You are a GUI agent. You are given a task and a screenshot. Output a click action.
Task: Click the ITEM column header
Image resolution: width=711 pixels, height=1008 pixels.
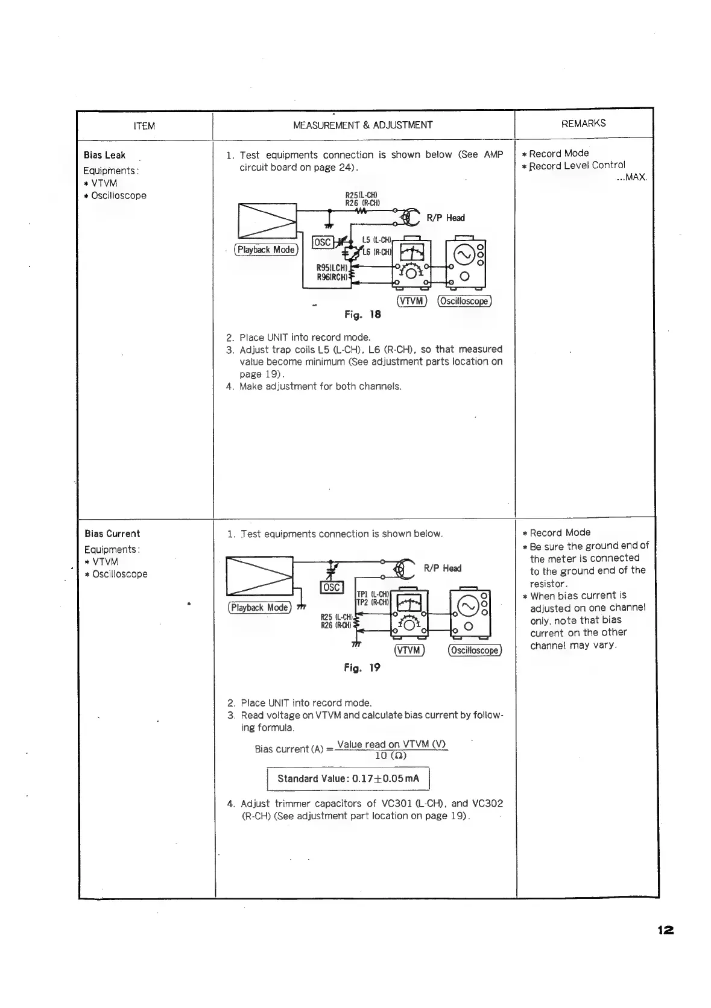tap(144, 126)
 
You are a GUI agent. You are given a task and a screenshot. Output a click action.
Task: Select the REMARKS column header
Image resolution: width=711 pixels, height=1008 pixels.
tap(583, 124)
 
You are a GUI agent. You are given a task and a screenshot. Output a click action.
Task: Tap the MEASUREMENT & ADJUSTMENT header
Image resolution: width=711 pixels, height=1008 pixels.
tap(362, 125)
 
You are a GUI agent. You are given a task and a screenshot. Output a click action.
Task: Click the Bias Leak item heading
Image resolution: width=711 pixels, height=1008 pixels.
tap(104, 155)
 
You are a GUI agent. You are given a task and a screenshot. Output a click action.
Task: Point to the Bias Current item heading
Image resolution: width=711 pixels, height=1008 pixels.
tap(112, 534)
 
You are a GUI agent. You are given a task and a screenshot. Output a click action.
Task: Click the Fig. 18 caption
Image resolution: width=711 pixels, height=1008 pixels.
tap(362, 315)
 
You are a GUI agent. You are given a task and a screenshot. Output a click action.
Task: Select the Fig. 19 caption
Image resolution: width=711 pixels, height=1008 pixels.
tap(362, 667)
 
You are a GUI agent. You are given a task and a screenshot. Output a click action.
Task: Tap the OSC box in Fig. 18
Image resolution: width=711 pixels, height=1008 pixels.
tap(322, 242)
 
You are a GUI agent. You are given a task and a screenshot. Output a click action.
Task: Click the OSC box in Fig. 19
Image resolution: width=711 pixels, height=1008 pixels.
tap(332, 587)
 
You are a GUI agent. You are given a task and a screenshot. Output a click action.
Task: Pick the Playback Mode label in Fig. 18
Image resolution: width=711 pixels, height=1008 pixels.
tap(266, 250)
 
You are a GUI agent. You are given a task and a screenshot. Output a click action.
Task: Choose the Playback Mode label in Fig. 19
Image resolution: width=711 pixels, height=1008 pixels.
tap(259, 607)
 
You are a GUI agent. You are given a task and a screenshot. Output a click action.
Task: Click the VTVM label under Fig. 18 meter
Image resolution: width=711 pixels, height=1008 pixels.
tap(412, 301)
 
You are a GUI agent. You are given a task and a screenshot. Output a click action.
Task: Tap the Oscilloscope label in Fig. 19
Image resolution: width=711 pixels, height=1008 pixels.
tap(475, 650)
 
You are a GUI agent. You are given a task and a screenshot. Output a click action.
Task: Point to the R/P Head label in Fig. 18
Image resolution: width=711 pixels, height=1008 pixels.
tap(445, 218)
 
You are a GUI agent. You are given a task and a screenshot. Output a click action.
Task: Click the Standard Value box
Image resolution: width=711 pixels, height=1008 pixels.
tap(348, 778)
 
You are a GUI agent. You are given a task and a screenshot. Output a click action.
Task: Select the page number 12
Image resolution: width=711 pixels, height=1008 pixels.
tap(665, 930)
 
